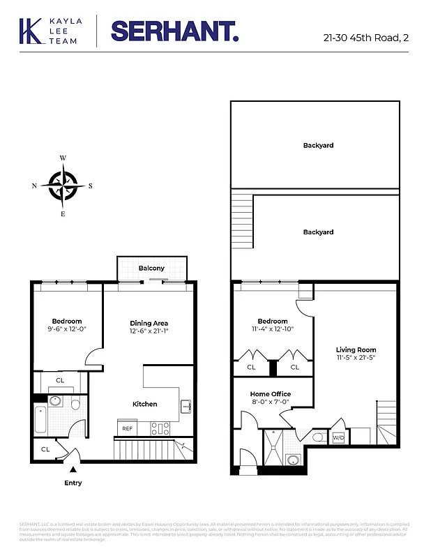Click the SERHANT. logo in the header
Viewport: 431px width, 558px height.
click(x=174, y=31)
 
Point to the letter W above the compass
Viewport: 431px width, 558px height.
click(x=63, y=158)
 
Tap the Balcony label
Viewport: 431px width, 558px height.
click(x=151, y=268)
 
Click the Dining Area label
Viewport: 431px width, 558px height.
click(x=149, y=323)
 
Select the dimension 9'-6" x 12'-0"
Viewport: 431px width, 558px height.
click(x=66, y=329)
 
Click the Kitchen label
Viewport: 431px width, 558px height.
click(x=145, y=404)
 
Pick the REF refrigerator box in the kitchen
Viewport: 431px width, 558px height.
click(x=128, y=428)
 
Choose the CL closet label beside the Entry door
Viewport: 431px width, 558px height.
click(x=45, y=449)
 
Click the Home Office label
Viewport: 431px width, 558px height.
click(x=271, y=394)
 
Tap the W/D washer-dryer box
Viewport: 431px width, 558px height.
click(x=338, y=437)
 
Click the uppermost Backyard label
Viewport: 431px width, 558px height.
click(x=318, y=146)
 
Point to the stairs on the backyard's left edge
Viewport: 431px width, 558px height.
click(x=241, y=216)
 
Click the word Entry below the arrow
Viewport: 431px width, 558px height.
click(x=73, y=483)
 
